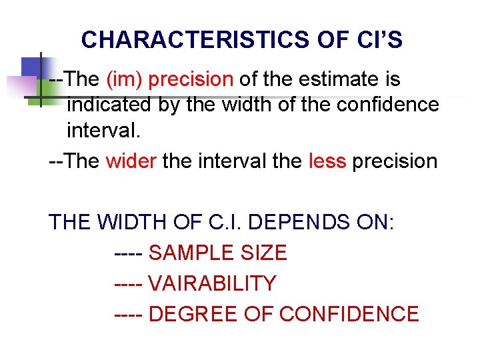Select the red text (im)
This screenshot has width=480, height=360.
tap(124, 80)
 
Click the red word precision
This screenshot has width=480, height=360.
tap(191, 80)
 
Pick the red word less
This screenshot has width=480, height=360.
tap(327, 162)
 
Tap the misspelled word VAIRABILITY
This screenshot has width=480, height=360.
tap(212, 284)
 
